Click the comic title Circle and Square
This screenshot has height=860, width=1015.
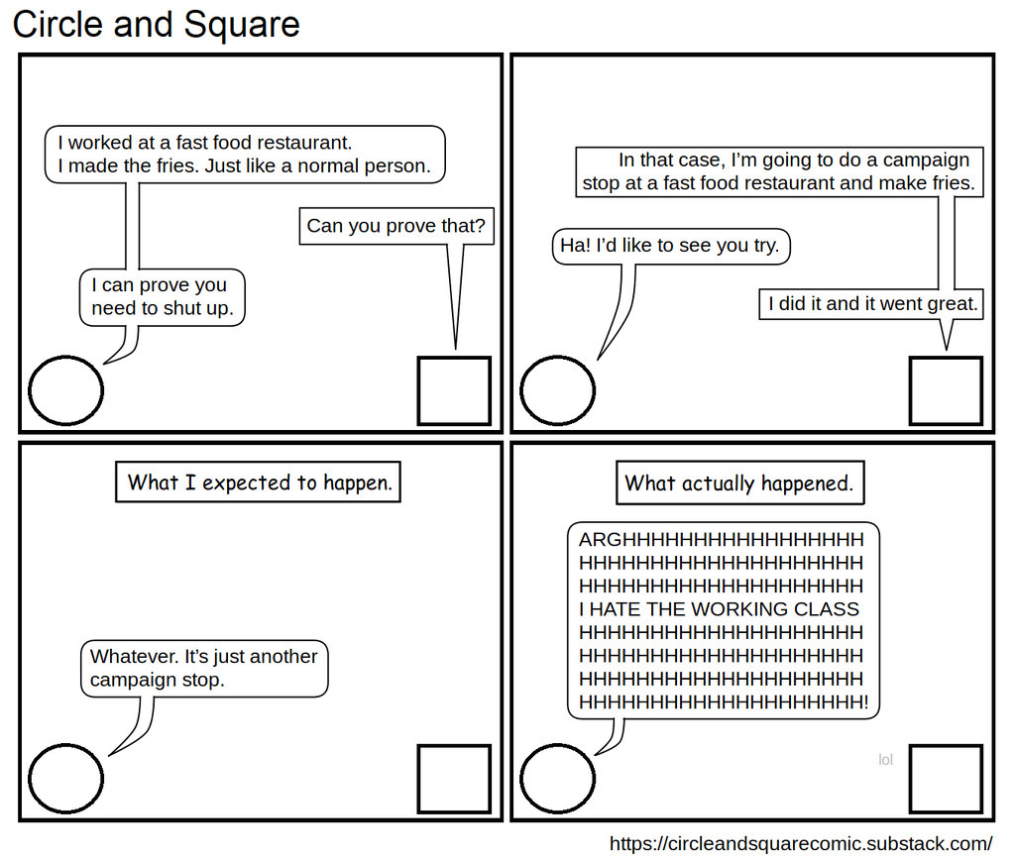pos(156,24)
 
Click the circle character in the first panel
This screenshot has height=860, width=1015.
pos(65,390)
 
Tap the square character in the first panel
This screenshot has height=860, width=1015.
pos(454,390)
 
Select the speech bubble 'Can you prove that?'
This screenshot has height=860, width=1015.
pos(395,226)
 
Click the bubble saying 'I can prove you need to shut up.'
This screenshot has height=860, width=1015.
pos(163,296)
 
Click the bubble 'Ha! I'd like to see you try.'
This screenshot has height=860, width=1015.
pos(670,246)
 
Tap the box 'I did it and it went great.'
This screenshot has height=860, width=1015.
pos(872,304)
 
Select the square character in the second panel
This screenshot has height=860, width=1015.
pos(946,390)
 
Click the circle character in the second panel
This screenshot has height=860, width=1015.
pos(558,390)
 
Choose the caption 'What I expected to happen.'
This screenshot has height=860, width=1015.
pos(259,483)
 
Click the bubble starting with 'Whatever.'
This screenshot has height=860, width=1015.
pos(204,668)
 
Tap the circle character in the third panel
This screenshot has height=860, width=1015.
pos(65,778)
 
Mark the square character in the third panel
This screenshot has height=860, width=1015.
pos(454,778)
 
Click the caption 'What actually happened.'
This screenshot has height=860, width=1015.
pos(738,484)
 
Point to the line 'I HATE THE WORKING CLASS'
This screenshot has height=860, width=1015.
pos(720,609)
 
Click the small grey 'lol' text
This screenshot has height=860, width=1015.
pos(885,760)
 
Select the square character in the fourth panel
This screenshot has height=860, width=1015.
pos(946,778)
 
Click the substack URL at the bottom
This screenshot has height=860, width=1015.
pos(800,843)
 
